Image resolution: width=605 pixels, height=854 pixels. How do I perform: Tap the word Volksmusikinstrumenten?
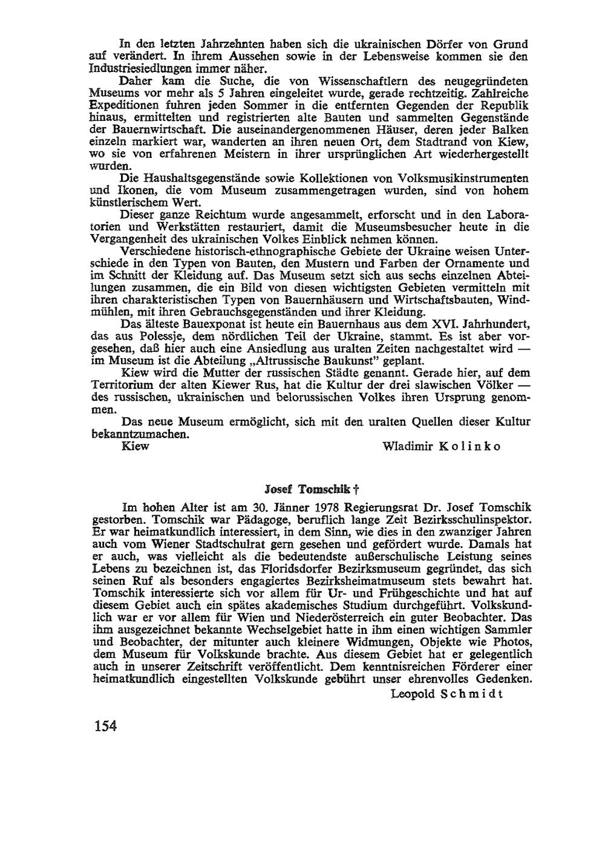pos(463,178)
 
